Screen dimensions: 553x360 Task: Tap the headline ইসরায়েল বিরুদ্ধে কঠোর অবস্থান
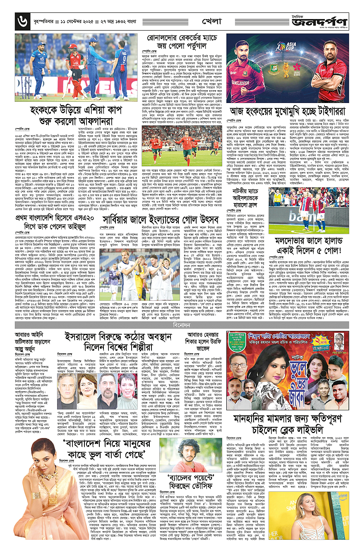120,341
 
